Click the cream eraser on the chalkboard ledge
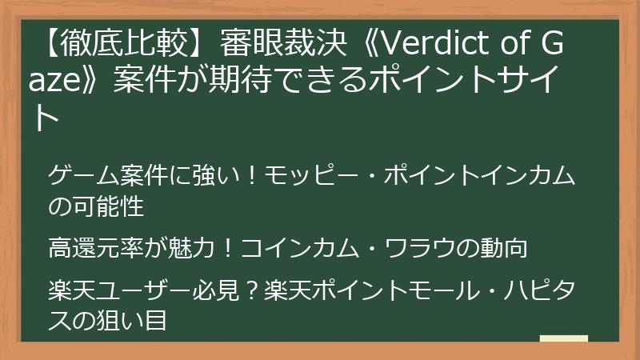click(x=564, y=339)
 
